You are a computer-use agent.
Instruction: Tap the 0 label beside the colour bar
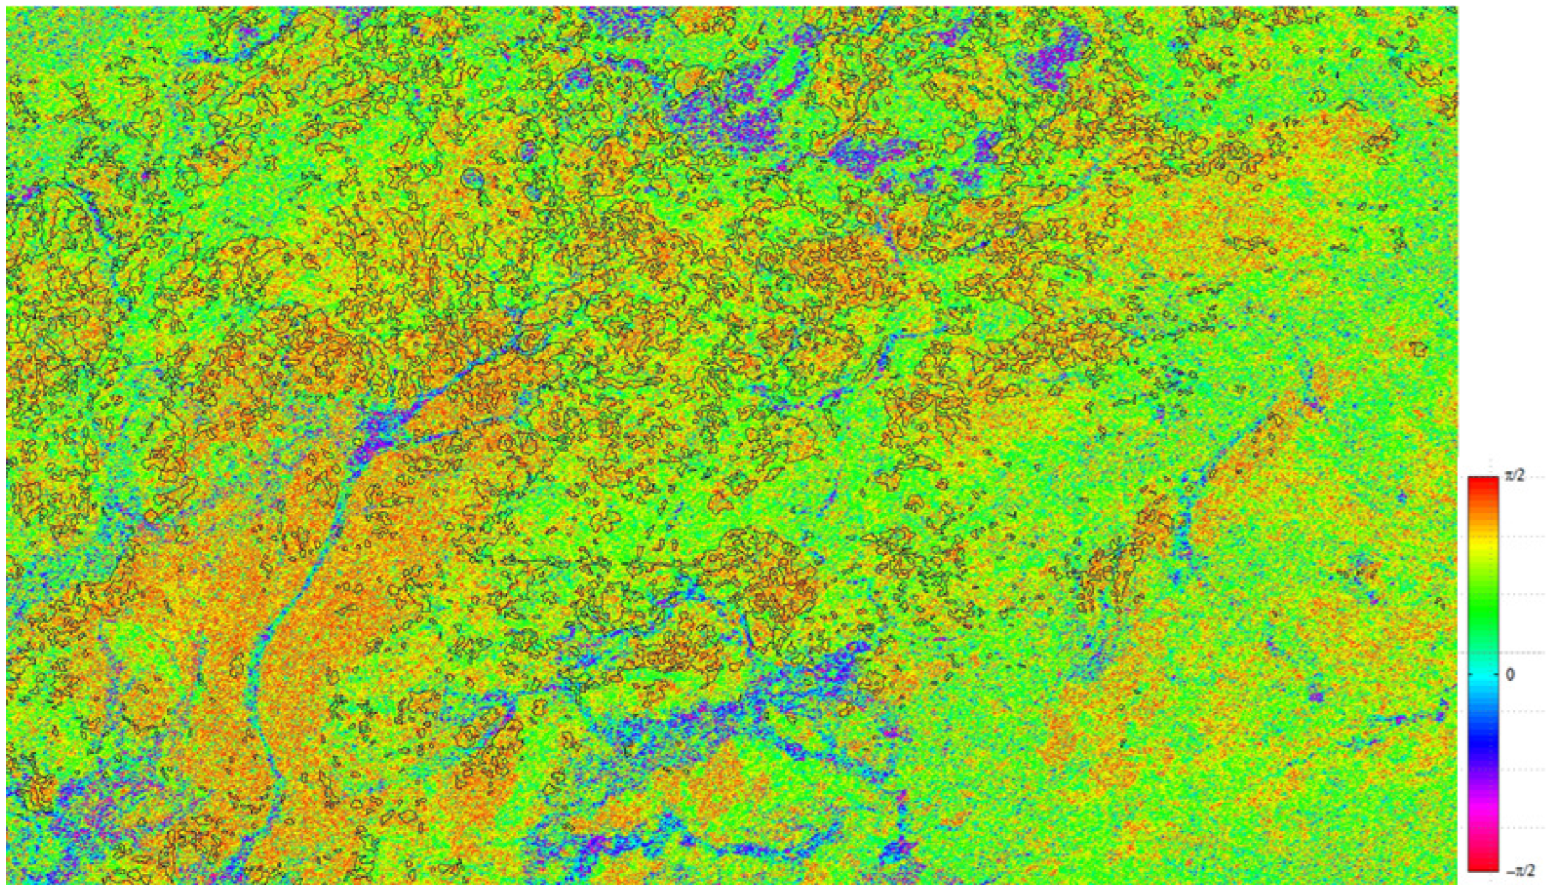pos(1510,674)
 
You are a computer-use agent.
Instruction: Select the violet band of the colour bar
pos(1484,776)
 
